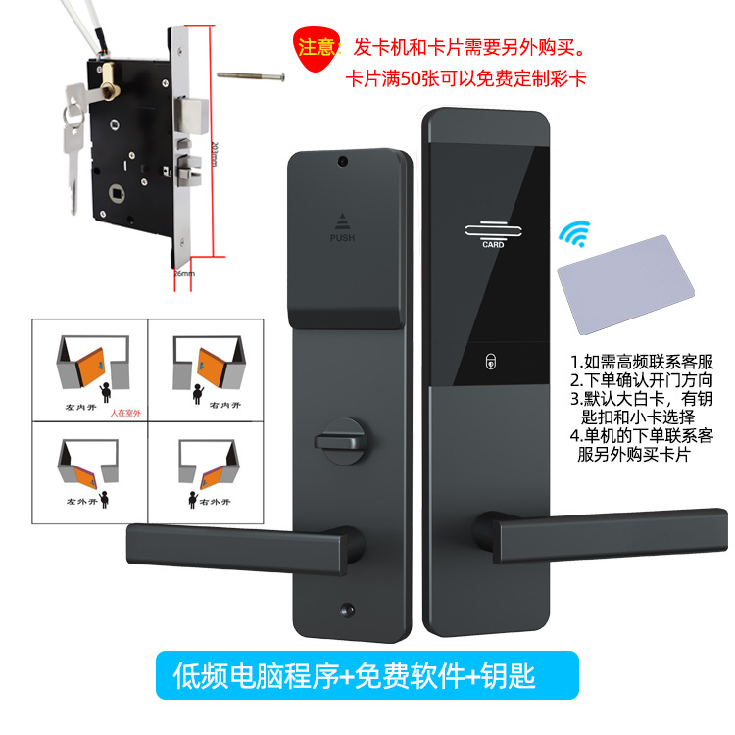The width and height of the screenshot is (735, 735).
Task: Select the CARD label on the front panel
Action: pos(493,244)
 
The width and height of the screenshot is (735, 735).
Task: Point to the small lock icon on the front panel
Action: pos(491,361)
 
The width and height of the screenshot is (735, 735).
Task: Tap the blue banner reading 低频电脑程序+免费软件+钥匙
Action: pos(368,676)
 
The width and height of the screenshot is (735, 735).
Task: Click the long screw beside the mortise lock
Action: pos(251,73)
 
